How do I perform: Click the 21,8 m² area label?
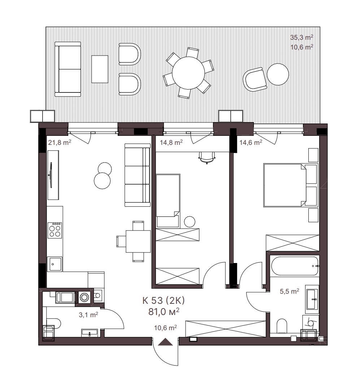coord(60,142)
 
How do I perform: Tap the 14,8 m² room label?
coord(171,142)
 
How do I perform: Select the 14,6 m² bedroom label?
coord(251,142)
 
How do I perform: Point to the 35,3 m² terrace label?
coord(302,38)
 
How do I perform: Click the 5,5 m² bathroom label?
coord(289,291)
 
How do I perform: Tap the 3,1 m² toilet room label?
coord(88,315)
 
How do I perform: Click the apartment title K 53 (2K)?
coord(164,301)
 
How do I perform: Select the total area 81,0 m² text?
coord(164,311)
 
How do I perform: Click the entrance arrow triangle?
coord(165,342)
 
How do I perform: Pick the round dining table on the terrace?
coord(188,73)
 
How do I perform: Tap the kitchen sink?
coord(55,264)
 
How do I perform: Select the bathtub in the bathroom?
coord(295,266)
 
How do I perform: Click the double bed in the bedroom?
coord(285,185)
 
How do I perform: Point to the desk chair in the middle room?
coord(207,157)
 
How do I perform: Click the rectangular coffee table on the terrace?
coord(100,69)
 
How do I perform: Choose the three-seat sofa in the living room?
coord(137,175)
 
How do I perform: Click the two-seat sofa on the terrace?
coord(68,69)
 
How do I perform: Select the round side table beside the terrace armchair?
coord(278,74)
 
